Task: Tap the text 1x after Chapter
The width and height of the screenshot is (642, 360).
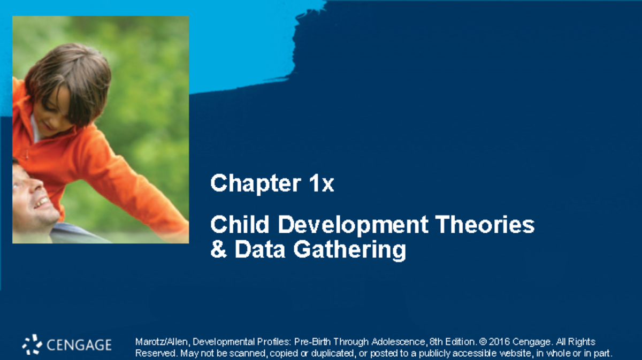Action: click(321, 184)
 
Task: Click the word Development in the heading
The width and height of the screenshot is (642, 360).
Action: click(353, 225)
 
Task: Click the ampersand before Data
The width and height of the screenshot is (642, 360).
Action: click(218, 250)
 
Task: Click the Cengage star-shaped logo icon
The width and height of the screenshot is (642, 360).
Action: click(32, 344)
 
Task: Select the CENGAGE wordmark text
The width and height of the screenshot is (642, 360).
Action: click(79, 345)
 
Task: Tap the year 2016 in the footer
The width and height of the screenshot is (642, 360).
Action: click(499, 342)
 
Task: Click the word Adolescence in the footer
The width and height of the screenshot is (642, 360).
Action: click(397, 342)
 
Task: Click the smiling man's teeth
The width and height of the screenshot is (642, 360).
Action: click(42, 203)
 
